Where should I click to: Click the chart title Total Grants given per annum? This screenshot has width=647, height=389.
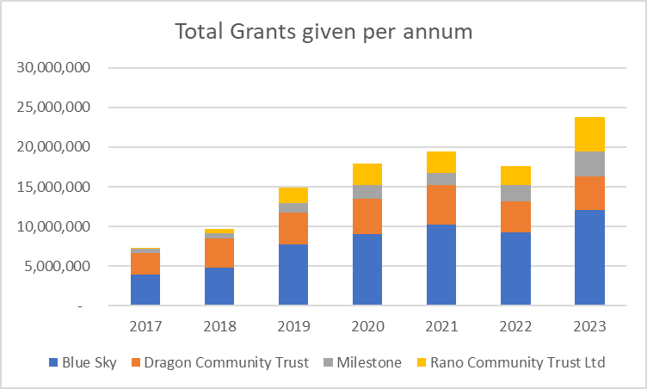pos(323,32)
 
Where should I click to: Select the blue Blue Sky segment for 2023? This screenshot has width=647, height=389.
pos(589,257)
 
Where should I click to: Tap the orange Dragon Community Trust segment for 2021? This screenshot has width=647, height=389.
pos(441,205)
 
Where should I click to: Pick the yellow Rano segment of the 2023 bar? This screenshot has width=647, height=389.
pos(589,134)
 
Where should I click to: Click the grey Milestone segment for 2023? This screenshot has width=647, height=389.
pos(589,164)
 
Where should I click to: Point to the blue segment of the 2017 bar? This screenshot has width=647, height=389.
pos(145,290)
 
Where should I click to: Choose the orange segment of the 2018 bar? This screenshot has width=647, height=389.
pos(219,253)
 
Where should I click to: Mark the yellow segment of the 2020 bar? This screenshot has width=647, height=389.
pos(367,174)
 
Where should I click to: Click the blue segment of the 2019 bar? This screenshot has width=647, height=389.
pos(293,275)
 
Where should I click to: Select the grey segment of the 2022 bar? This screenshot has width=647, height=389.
pos(515,194)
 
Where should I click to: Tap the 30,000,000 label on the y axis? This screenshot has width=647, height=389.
pos(53,67)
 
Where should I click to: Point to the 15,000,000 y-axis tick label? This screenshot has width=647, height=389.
pos(53,187)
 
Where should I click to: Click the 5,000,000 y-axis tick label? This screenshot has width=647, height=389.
pos(57,266)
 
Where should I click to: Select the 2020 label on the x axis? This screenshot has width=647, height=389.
pos(367,326)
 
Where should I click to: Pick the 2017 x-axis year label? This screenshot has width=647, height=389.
pos(145,326)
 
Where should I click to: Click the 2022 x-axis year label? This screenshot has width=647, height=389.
pos(515,326)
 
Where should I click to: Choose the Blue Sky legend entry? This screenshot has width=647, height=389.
pos(83,362)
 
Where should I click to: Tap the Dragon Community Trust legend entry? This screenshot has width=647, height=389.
pos(220,362)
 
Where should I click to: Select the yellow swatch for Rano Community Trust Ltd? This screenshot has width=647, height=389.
pos(422,362)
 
